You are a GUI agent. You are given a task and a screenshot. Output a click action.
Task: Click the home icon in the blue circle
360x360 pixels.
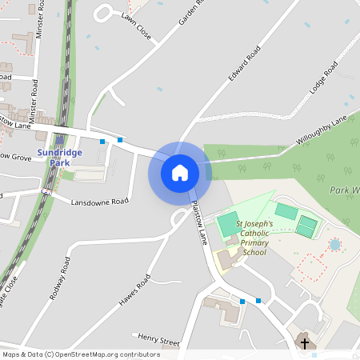[180, 172]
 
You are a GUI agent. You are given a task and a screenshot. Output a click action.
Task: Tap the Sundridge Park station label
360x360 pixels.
[59, 157]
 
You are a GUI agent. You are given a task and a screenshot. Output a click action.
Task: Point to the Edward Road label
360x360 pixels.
[244, 64]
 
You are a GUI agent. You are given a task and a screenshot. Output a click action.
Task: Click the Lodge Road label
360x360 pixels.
[325, 78]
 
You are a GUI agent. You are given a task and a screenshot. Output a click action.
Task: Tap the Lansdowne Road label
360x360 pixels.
[99, 202]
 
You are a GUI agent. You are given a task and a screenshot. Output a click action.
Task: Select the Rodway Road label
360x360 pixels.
[60, 278]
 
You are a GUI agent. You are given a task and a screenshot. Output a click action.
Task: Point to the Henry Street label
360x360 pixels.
[158, 340]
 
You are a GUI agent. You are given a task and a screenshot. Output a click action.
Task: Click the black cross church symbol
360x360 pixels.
[304, 343]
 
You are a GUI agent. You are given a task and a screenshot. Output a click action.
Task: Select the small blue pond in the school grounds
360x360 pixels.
[334, 243]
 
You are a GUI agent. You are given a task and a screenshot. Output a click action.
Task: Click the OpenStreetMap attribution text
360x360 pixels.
[81, 354]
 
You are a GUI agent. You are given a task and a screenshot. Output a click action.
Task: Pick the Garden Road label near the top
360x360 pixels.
[191, 13]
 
